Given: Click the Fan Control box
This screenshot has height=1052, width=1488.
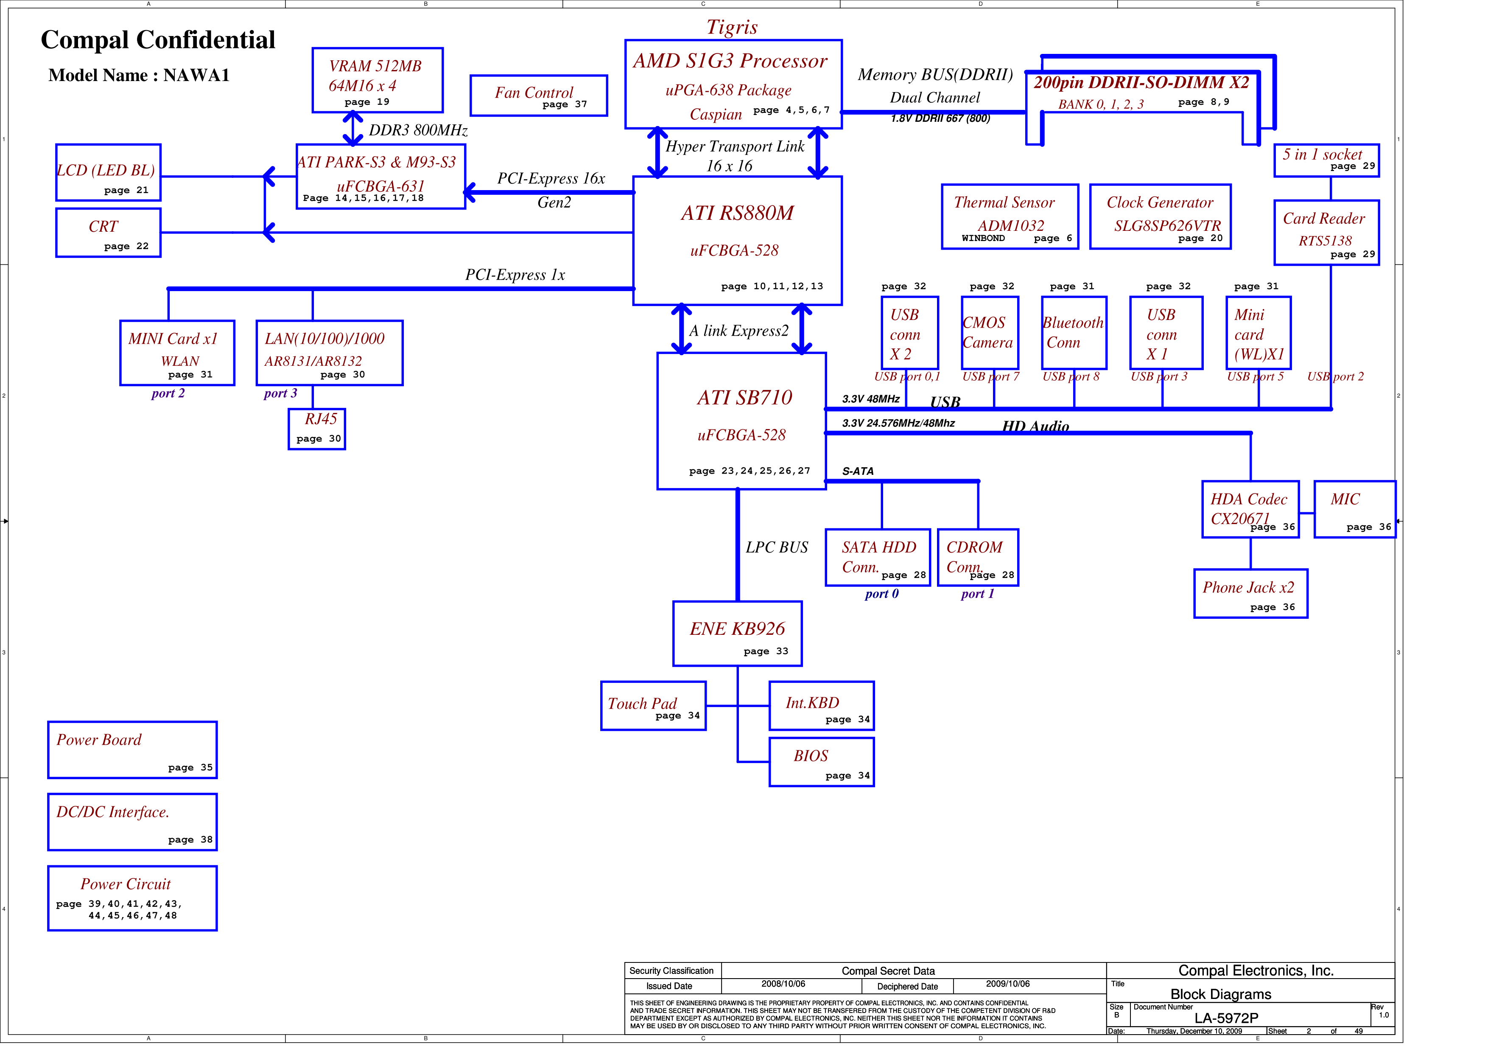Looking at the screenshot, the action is tap(539, 96).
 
